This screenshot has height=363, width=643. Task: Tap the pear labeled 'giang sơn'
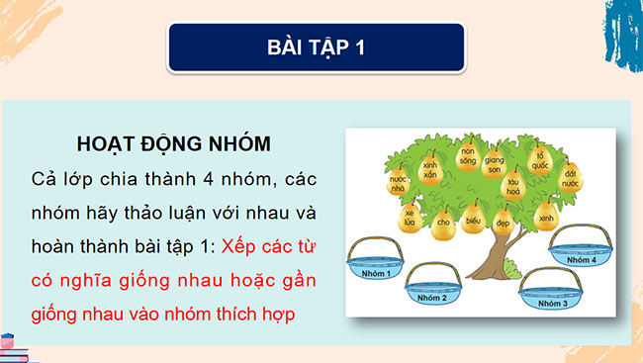pyautogui.click(x=495, y=164)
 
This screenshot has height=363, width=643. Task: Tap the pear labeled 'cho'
pyautogui.click(x=443, y=223)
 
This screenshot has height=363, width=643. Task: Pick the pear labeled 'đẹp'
pyautogui.click(x=504, y=223)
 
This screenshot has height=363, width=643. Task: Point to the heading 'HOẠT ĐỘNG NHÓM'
pyautogui.click(x=173, y=142)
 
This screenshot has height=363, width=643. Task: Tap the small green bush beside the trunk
pyautogui.click(x=510, y=268)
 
